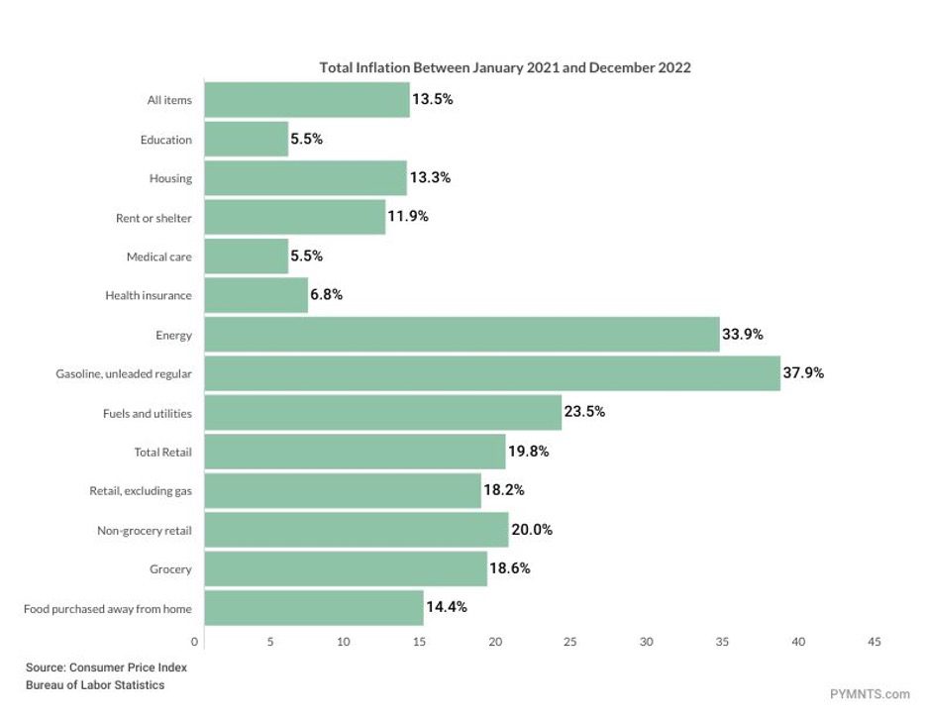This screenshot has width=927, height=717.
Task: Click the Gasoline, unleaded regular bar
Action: (491, 373)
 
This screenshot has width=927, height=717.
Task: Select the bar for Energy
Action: (461, 335)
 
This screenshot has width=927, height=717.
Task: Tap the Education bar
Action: (246, 140)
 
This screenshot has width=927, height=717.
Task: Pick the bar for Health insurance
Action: (256, 295)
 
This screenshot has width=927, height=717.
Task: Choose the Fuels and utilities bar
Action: (382, 412)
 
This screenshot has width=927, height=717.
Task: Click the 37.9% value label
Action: (803, 373)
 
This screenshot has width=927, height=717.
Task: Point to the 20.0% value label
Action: (532, 530)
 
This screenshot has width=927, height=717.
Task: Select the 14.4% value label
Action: (447, 607)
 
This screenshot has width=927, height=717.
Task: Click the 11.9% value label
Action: (408, 217)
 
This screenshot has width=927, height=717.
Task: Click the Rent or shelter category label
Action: (154, 218)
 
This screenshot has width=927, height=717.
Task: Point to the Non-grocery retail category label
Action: (145, 531)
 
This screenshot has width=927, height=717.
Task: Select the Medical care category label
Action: (159, 257)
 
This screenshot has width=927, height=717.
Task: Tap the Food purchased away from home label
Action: (108, 608)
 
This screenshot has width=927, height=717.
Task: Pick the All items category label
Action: (169, 100)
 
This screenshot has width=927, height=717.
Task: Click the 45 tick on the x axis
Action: (874, 643)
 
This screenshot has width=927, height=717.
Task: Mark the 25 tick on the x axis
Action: (570, 643)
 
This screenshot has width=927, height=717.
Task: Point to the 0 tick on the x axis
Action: (195, 643)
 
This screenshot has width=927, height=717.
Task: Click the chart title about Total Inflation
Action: (505, 68)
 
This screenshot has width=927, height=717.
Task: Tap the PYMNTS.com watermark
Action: (871, 694)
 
